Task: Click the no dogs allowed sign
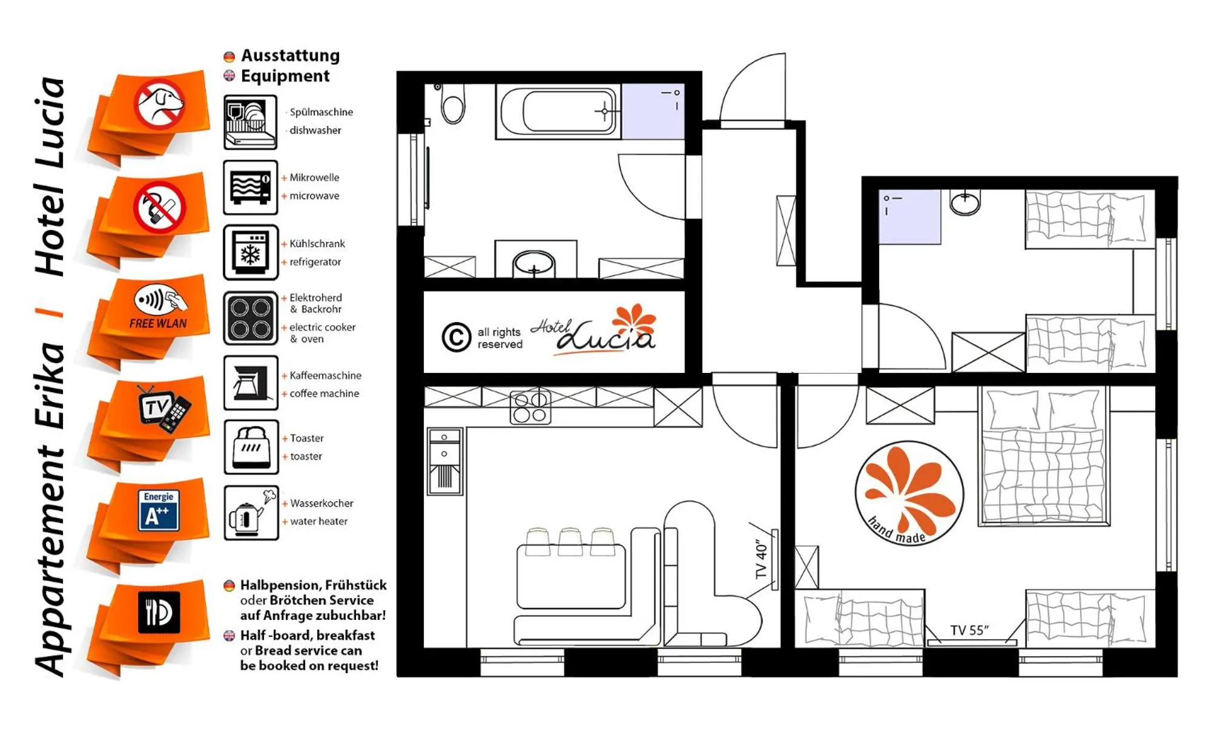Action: (x=159, y=105)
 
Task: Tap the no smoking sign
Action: (x=159, y=207)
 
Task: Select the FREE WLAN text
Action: (x=158, y=323)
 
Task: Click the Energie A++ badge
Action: (x=159, y=510)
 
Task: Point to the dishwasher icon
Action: (x=250, y=122)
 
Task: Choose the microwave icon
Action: (x=250, y=188)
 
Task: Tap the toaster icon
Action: (x=251, y=447)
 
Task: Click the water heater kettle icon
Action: (x=251, y=512)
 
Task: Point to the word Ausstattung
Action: (x=291, y=56)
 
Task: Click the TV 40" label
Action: (x=761, y=559)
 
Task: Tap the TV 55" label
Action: (x=969, y=630)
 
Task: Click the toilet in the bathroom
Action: (x=453, y=104)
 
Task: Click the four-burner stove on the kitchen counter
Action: (x=530, y=407)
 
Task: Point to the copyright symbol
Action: (x=456, y=337)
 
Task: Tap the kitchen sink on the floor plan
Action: (x=445, y=461)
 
